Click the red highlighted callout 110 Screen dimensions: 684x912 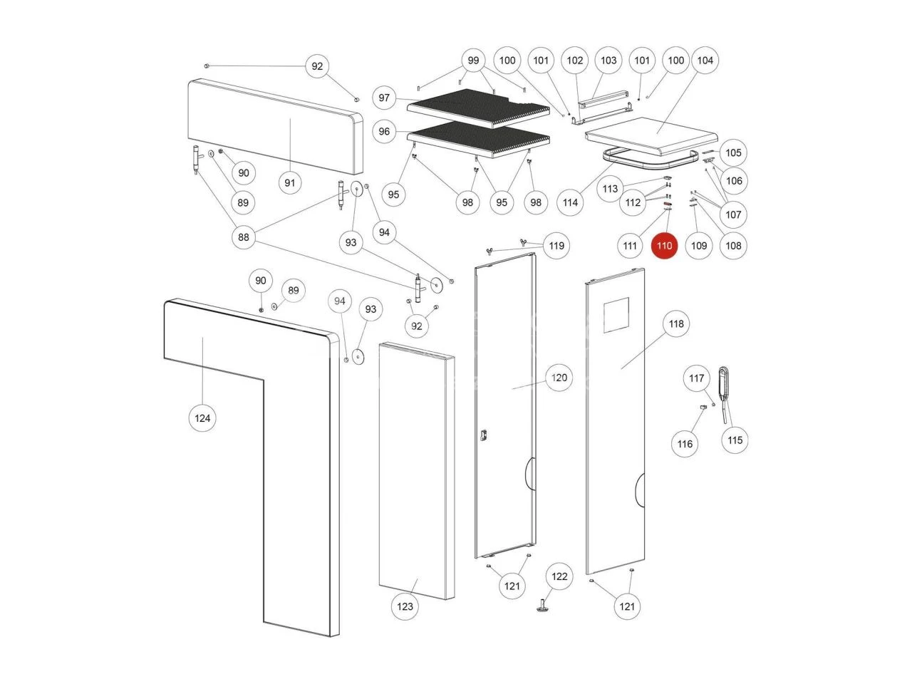point(664,246)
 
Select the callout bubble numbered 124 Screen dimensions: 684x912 point(203,418)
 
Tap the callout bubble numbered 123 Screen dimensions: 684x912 point(405,606)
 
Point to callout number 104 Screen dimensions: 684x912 point(705,61)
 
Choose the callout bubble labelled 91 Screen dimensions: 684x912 point(290,183)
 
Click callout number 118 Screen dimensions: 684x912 point(676,324)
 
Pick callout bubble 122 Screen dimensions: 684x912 point(560,576)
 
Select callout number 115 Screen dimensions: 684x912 point(735,440)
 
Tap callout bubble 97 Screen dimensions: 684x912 point(385,98)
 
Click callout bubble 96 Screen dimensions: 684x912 point(385,132)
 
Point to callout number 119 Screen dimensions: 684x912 point(556,246)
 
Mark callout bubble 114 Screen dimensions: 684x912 point(571,202)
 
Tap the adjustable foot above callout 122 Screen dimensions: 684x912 point(544,607)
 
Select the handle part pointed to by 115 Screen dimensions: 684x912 point(724,385)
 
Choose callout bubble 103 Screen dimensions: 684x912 point(608,61)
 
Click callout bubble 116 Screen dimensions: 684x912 point(685,444)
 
